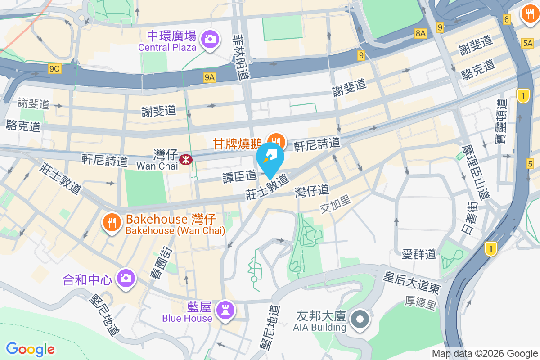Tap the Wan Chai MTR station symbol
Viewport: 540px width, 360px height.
[x=185, y=159]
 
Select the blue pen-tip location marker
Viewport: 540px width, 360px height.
[x=270, y=158]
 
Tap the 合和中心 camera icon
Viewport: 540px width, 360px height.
[x=125, y=277]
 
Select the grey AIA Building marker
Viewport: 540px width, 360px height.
[x=360, y=320]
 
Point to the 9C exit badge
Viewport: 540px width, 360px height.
[x=54, y=69]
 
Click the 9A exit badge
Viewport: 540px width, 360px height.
[x=210, y=77]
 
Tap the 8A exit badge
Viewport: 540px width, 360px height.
[x=420, y=33]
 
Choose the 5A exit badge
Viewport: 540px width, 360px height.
[x=527, y=43]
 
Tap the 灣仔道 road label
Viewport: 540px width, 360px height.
[x=311, y=191]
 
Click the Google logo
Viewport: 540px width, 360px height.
[x=30, y=349]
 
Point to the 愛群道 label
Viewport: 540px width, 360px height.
[x=419, y=254]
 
